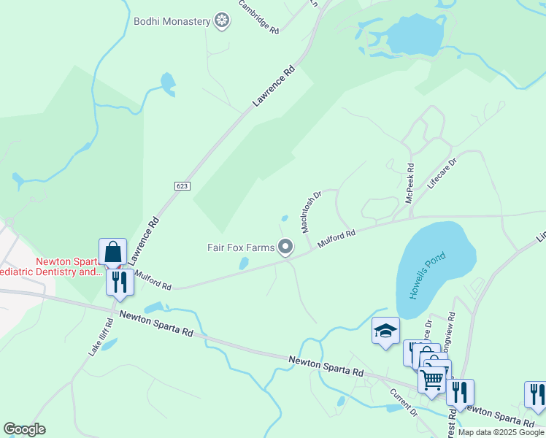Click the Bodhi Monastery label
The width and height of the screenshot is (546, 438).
click(x=172, y=21)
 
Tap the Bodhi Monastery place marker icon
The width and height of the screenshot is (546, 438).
click(x=222, y=21)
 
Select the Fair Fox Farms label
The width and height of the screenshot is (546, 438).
click(x=240, y=247)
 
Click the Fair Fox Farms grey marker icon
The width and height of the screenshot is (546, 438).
click(x=286, y=248)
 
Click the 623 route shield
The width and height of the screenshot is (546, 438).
click(x=182, y=186)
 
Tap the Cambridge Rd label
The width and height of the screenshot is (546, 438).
click(x=259, y=17)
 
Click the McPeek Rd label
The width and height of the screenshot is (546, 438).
click(x=409, y=183)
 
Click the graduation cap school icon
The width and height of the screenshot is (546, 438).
click(x=385, y=331)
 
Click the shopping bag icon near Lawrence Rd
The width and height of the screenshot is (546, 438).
click(x=112, y=253)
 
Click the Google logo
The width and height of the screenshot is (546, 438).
click(x=24, y=429)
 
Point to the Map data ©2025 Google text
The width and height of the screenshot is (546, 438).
click(x=501, y=432)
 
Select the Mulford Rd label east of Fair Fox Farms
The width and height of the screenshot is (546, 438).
click(x=337, y=240)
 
